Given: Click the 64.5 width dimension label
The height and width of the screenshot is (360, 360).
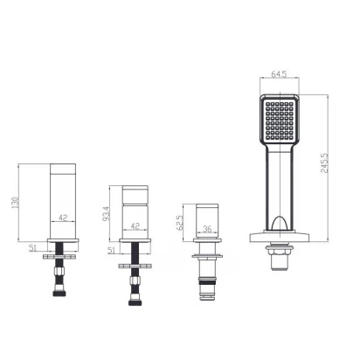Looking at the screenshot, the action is click(279, 74).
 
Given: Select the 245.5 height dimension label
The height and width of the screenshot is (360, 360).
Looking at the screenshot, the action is click(324, 163).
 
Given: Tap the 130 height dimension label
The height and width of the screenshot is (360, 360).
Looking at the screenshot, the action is click(15, 203).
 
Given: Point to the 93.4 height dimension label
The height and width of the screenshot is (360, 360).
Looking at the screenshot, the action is click(107, 213).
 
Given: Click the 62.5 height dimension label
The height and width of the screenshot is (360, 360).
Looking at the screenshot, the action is click(180, 223).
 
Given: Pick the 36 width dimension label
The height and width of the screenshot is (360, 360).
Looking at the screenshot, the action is click(207, 229).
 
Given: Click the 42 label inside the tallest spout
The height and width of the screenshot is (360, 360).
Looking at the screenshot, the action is click(63, 218).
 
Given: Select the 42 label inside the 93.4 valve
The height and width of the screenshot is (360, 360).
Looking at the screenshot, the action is click(135, 225).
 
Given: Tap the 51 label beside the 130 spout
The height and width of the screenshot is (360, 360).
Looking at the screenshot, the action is click(32, 248).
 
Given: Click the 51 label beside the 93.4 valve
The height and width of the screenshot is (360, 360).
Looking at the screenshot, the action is click(112, 250).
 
